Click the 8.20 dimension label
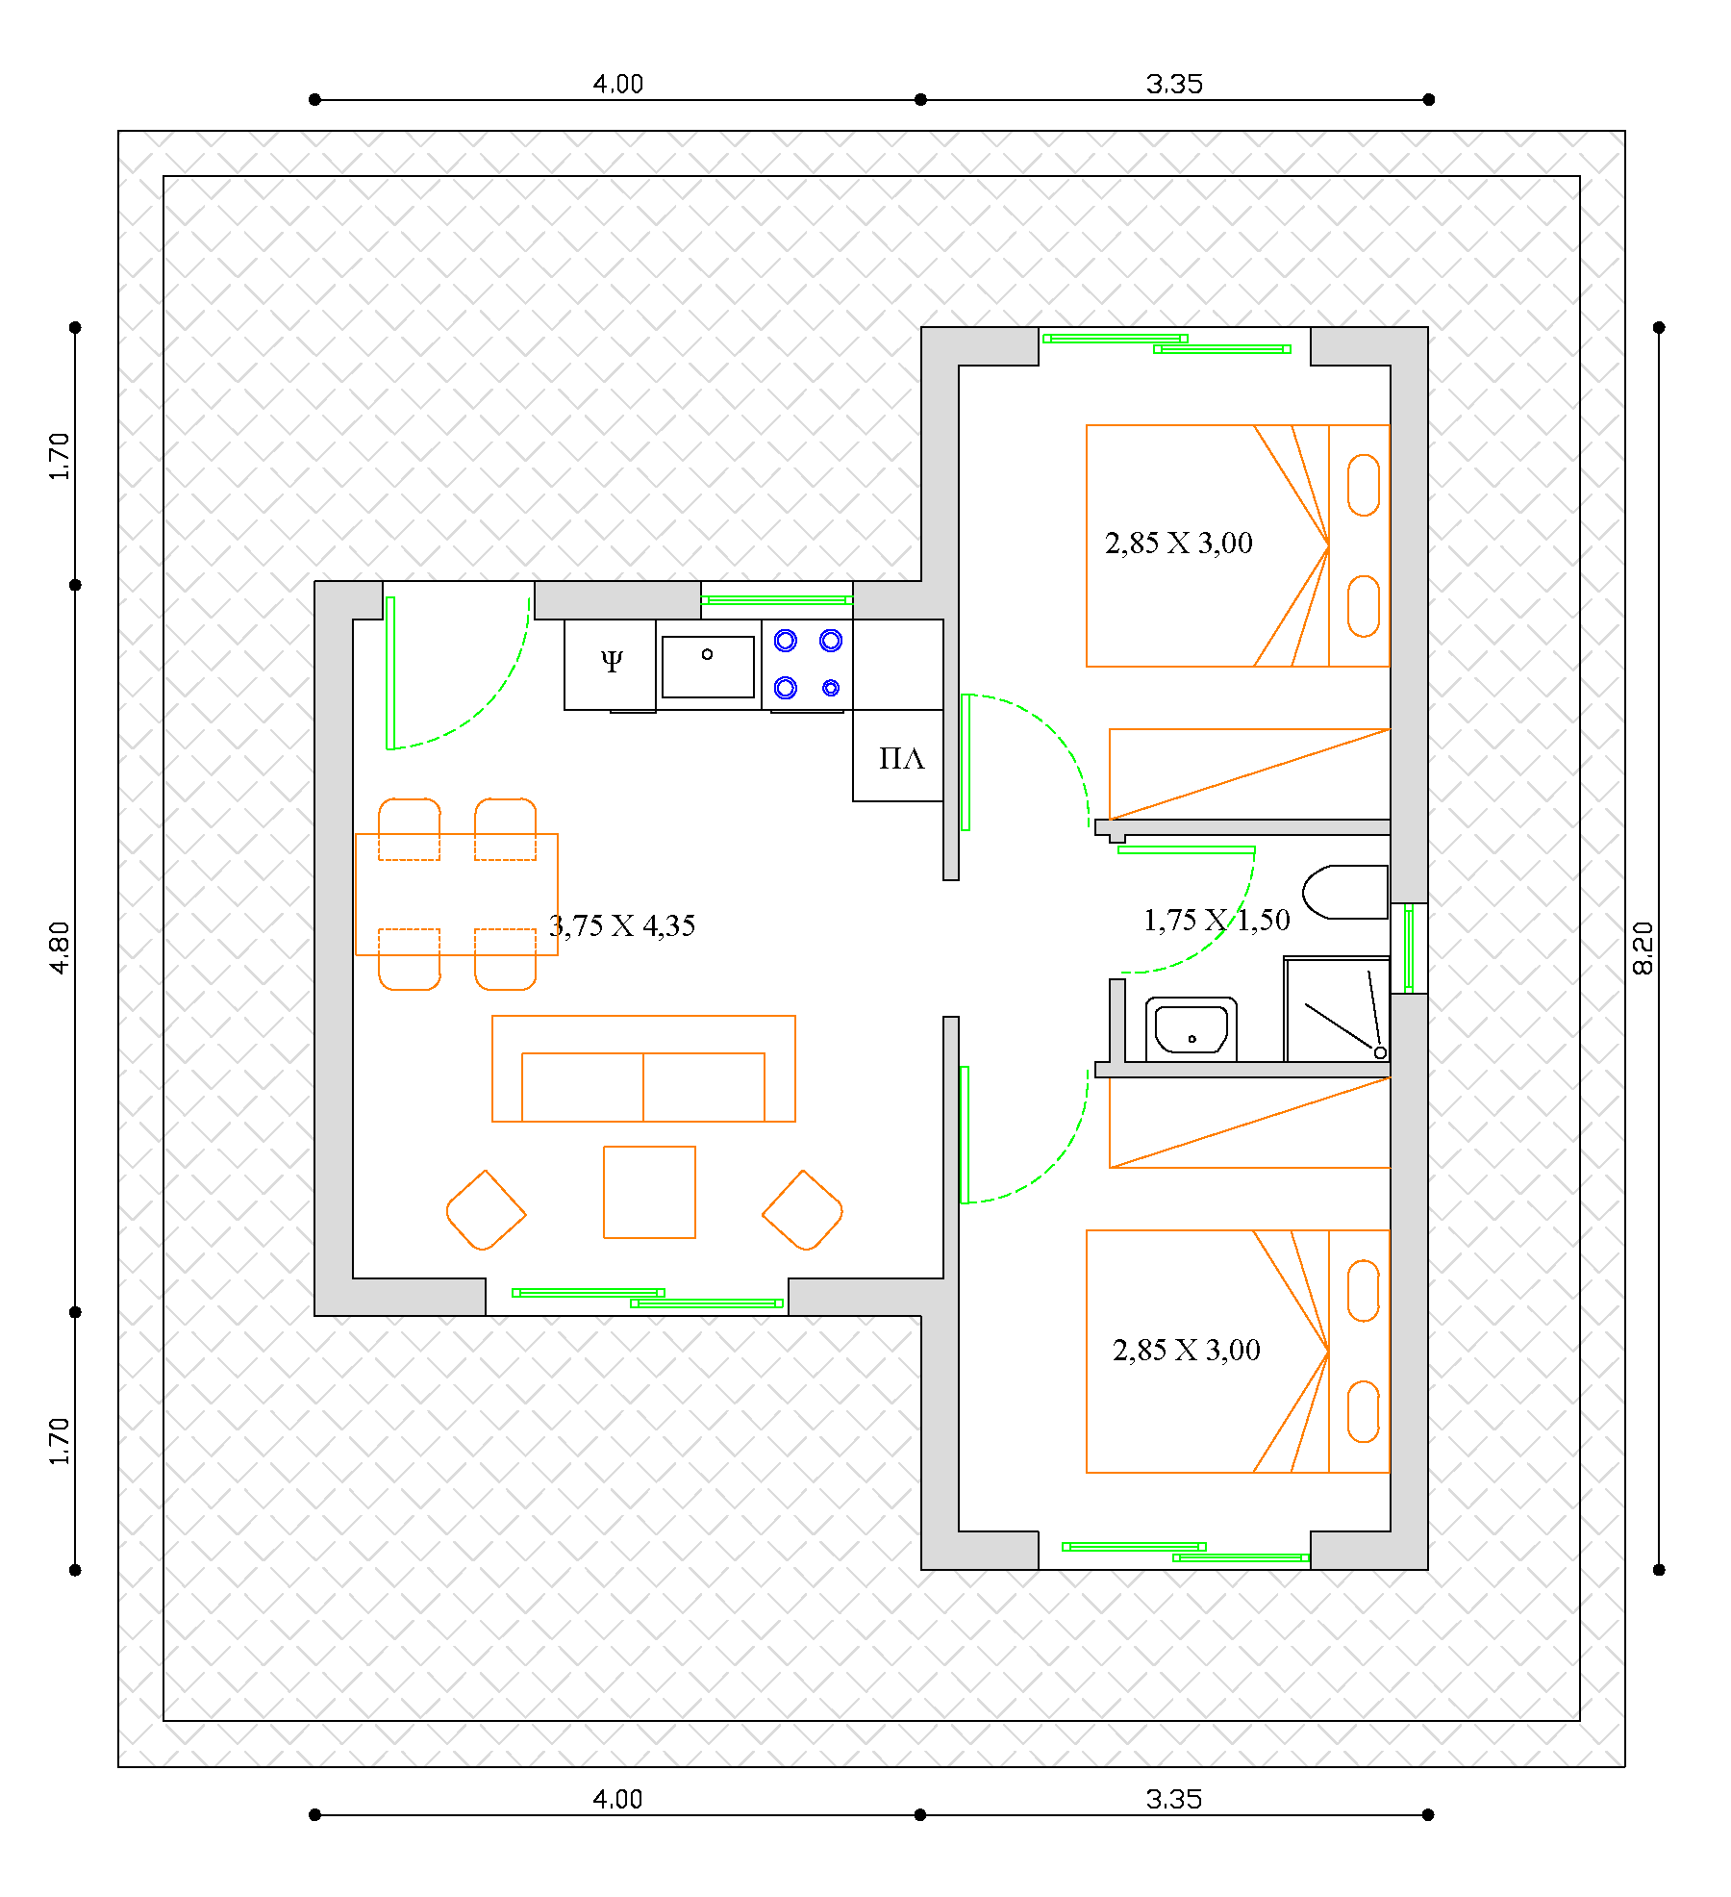pos(1643,948)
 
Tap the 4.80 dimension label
pos(60,948)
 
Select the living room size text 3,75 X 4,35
pos(622,925)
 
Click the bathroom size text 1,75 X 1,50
pos(1217,920)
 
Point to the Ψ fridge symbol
pos(612,661)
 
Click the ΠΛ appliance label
pos(901,759)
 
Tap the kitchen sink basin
pos(708,667)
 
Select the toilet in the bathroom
pos(1345,892)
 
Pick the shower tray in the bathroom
pos(1338,1009)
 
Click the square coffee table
pos(649,1192)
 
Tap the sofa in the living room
pos(643,1069)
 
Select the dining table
pos(457,895)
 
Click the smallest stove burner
pos(831,688)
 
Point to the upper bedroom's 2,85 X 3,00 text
pos(1179,544)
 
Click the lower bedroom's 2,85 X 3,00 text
pos(1187,1351)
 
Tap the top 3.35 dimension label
pos(1174,85)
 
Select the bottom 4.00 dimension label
pos(617,1800)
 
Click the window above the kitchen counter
pos(777,600)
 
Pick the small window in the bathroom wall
pos(1409,948)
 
